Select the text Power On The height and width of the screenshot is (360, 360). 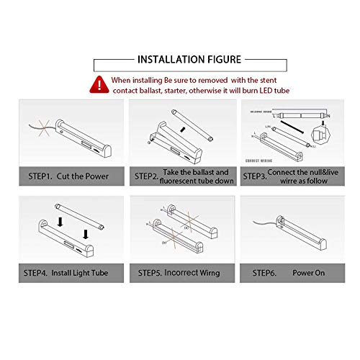pyautogui.click(x=308, y=274)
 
